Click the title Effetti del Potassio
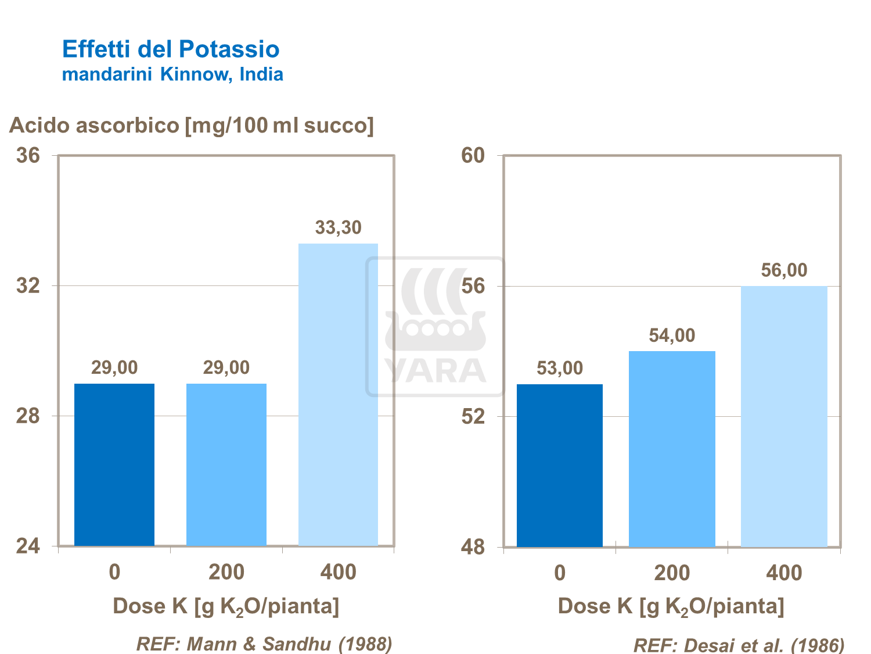tap(171, 49)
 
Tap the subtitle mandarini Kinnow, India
tap(172, 74)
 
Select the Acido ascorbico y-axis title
tap(192, 126)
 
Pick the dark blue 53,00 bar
tap(560, 465)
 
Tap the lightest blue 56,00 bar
tap(784, 416)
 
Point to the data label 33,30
tap(338, 227)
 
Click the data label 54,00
tap(672, 335)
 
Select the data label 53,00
tap(560, 368)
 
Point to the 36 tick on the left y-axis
tap(28, 155)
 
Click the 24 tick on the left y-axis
tap(28, 546)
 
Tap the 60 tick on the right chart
tap(473, 155)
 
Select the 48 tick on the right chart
tap(473, 547)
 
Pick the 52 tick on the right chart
tap(473, 416)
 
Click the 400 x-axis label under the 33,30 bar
tap(338, 572)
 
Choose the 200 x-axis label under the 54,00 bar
tap(672, 573)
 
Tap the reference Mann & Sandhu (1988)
tap(264, 644)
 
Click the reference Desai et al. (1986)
tap(739, 645)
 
